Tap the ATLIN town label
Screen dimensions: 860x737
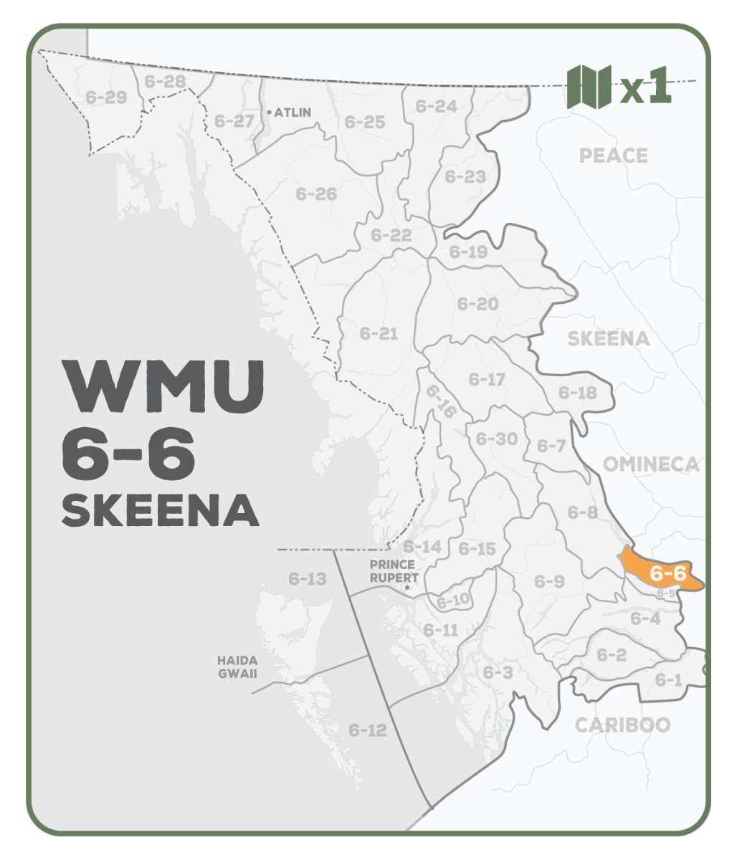point(292,113)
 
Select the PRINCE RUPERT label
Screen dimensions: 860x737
point(394,571)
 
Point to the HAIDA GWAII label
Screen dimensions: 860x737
point(237,666)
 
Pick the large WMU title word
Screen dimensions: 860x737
point(163,386)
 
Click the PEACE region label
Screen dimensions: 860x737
point(613,156)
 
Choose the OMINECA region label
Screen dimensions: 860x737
point(650,464)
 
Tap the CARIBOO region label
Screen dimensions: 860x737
point(622,725)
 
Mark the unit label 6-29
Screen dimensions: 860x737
point(106,97)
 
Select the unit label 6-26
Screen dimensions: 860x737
point(316,193)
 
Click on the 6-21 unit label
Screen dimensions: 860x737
point(379,333)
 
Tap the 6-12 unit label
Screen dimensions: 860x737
point(368,730)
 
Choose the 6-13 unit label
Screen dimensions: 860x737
point(308,578)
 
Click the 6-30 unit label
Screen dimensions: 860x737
point(496,439)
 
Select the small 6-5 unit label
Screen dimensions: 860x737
point(665,593)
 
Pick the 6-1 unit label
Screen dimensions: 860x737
point(669,679)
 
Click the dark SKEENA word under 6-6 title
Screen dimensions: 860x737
point(160,510)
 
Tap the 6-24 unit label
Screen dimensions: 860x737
point(436,107)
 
